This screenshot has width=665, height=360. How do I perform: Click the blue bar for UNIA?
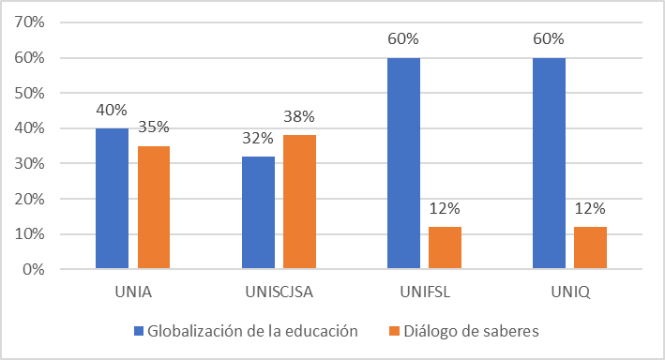click(x=112, y=199)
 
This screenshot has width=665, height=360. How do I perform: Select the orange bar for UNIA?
click(x=154, y=207)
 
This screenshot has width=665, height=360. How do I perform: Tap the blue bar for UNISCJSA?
click(x=257, y=213)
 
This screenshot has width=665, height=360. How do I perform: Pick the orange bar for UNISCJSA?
click(x=299, y=202)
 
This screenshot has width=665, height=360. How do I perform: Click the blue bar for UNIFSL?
click(x=403, y=164)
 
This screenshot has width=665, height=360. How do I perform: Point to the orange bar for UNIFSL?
click(x=446, y=247)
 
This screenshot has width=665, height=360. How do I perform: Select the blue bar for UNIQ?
click(x=549, y=164)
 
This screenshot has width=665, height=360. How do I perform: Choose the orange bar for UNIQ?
click(x=591, y=247)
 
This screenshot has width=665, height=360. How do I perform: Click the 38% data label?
click(x=299, y=117)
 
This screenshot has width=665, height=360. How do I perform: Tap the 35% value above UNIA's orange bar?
click(x=154, y=127)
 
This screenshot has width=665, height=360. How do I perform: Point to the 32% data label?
click(x=257, y=138)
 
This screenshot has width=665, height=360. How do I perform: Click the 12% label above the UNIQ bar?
click(x=591, y=208)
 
